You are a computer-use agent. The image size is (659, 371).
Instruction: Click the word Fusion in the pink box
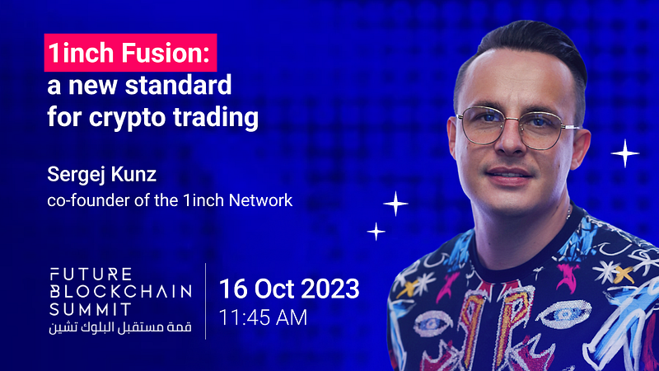[x=166, y=53]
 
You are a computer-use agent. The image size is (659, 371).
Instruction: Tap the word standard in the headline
[x=178, y=85]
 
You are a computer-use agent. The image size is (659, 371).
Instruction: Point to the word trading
[x=216, y=117]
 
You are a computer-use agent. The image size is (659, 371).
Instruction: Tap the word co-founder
[x=88, y=200]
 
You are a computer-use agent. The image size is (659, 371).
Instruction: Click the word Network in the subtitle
[x=260, y=200]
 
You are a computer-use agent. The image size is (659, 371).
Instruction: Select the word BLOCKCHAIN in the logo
[x=120, y=292]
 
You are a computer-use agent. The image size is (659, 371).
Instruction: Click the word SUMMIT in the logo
[x=91, y=310]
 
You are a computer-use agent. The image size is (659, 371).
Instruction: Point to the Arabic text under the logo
[x=120, y=327]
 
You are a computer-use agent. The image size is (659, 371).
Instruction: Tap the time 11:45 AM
[x=263, y=317]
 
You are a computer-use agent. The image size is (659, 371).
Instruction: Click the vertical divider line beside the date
[x=205, y=301]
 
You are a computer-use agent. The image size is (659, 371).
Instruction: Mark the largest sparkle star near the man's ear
[x=625, y=153]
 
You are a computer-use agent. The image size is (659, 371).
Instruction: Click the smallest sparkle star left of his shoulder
[x=376, y=232]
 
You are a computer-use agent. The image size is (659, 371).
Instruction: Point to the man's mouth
[x=509, y=175]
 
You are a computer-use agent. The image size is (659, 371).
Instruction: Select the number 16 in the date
[x=235, y=289]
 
